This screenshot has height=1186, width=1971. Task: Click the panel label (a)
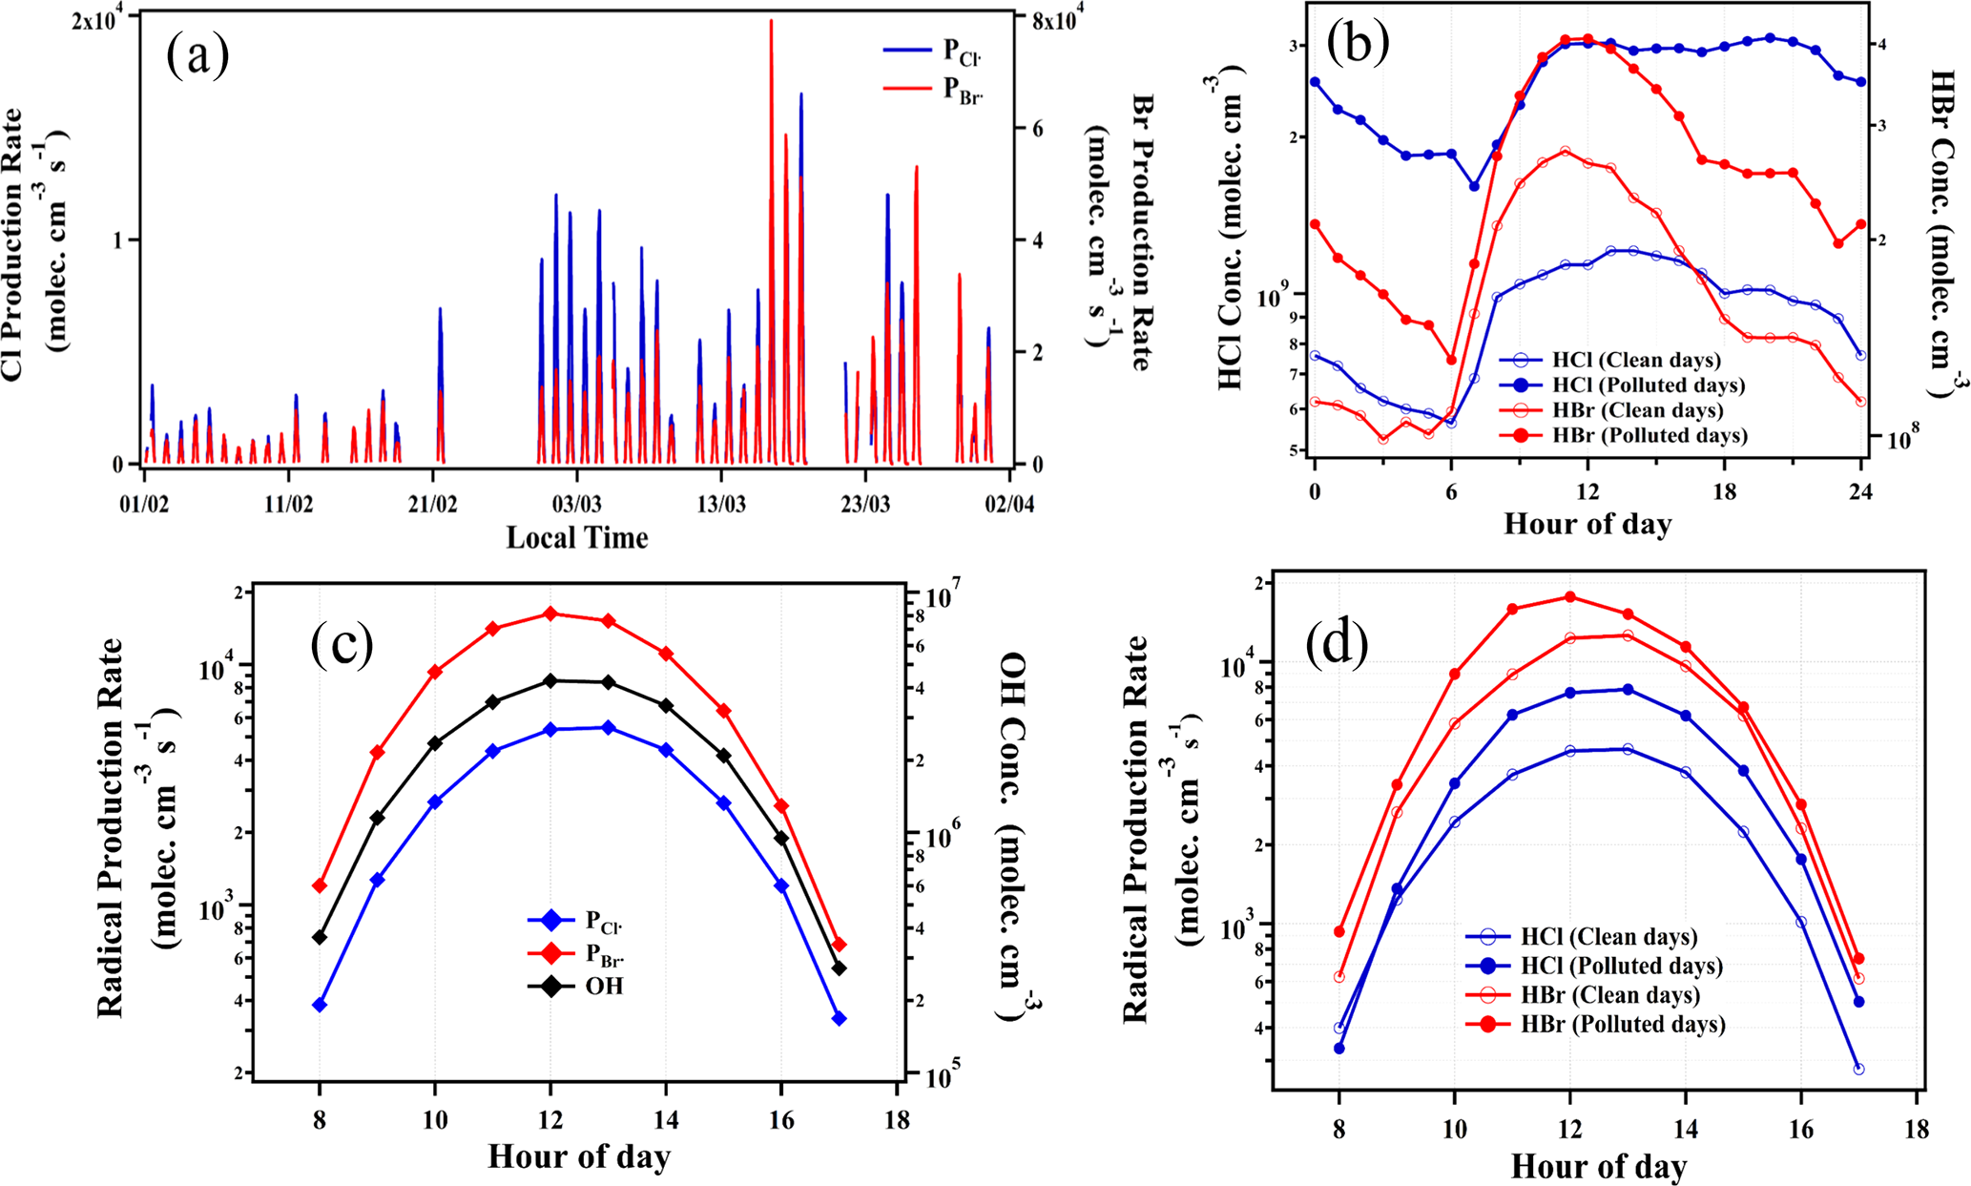coord(197,55)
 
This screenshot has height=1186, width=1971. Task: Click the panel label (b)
coord(1358,42)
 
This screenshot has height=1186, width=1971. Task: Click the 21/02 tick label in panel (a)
coord(433,503)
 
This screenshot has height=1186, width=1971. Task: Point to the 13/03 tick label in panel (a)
coord(721,503)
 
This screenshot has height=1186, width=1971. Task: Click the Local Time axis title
coord(576,538)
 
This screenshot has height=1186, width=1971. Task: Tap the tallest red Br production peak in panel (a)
coord(771,21)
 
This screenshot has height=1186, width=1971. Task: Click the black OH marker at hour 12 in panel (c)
coord(550,680)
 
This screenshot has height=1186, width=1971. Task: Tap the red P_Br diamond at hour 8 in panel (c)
coord(320,885)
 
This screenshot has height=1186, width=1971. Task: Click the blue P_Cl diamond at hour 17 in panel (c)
coord(840,1018)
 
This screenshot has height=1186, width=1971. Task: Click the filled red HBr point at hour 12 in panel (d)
coord(1569,597)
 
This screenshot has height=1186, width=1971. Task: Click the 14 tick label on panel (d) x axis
coord(1686,1129)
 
